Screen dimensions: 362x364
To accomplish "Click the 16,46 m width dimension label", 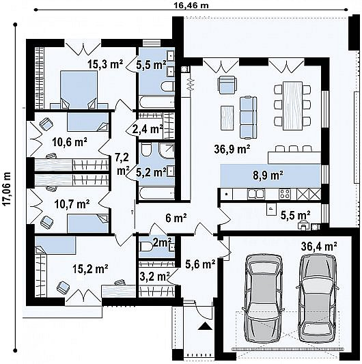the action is click(191, 5).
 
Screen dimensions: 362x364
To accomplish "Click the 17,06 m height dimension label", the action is click(8, 188).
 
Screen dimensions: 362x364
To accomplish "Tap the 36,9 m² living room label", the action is click(232, 149).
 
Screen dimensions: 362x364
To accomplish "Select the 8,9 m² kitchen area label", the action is click(268, 176).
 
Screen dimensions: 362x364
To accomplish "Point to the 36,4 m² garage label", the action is click(319, 247).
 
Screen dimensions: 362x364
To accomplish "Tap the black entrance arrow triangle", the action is click(206, 326).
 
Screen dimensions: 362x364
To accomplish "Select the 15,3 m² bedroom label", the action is click(105, 64).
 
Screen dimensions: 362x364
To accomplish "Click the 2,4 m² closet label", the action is click(147, 129).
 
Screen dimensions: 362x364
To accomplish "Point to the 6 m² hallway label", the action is click(176, 218).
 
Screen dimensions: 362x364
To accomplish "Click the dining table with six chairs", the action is click(292, 105).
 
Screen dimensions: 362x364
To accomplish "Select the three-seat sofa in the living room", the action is click(248, 118).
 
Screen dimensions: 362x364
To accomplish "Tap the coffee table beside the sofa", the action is click(227, 117).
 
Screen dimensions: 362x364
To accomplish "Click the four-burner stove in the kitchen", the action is click(285, 194).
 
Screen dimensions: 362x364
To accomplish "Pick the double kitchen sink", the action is click(256, 194).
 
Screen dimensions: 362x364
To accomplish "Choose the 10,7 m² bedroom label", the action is click(72, 204).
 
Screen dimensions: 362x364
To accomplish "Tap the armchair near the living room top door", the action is click(227, 85).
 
